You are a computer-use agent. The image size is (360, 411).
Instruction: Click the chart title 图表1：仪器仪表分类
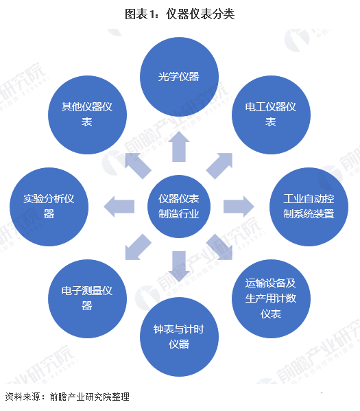[x=180, y=14]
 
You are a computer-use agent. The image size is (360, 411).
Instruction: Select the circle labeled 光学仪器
[x=179, y=77]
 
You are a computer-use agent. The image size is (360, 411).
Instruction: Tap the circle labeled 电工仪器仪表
[x=271, y=115]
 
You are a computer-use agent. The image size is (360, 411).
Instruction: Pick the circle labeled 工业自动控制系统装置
[x=309, y=207]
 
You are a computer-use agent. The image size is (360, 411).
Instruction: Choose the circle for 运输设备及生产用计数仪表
[x=271, y=298]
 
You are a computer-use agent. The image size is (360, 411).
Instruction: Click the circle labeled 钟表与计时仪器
[x=179, y=337]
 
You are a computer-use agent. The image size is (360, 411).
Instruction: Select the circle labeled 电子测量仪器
[x=87, y=298]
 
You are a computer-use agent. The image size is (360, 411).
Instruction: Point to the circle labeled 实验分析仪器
[x=49, y=207]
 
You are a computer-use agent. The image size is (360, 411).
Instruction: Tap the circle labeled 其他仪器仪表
[x=87, y=115]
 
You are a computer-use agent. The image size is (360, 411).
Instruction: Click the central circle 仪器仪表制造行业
[x=179, y=207]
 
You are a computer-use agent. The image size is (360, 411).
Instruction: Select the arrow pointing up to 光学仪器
[x=179, y=147]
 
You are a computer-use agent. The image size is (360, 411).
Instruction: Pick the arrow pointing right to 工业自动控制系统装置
[x=239, y=207]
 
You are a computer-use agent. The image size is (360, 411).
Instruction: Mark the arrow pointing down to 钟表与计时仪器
[x=179, y=267]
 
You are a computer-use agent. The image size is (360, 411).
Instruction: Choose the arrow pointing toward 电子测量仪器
[x=138, y=248]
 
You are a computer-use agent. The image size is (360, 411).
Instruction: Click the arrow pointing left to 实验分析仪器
[x=119, y=207]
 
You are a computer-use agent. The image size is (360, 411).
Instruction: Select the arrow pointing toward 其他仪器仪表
[x=138, y=165]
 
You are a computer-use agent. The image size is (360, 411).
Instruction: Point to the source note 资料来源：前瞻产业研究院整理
[x=67, y=397]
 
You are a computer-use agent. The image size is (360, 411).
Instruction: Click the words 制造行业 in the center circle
[x=179, y=214]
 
